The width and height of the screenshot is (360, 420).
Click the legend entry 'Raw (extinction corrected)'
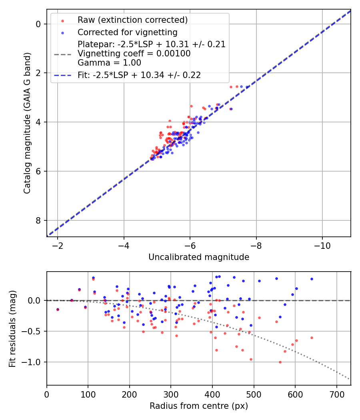click(132, 20)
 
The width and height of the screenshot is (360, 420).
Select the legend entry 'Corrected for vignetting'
click(127, 32)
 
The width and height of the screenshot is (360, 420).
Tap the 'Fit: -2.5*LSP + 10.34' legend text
click(139, 75)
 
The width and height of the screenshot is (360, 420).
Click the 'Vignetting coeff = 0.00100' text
click(134, 54)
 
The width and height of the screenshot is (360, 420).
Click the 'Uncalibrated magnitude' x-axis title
click(199, 257)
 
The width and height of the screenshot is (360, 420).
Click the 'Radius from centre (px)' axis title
click(199, 406)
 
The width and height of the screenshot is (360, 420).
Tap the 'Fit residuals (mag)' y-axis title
click(12, 328)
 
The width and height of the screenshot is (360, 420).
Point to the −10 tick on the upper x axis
click(322, 245)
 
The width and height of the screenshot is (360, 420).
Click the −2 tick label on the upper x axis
click(58, 245)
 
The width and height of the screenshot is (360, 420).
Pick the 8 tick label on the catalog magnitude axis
click(38, 220)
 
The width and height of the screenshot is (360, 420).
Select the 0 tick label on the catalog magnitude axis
click(38, 24)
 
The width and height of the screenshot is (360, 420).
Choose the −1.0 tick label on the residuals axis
click(33, 362)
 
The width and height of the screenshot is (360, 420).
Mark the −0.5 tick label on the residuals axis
click(33, 331)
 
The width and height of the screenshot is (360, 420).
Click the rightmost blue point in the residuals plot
click(312, 279)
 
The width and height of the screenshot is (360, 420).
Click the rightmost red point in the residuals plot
click(312, 338)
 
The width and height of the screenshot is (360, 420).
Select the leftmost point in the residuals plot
click(58, 309)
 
